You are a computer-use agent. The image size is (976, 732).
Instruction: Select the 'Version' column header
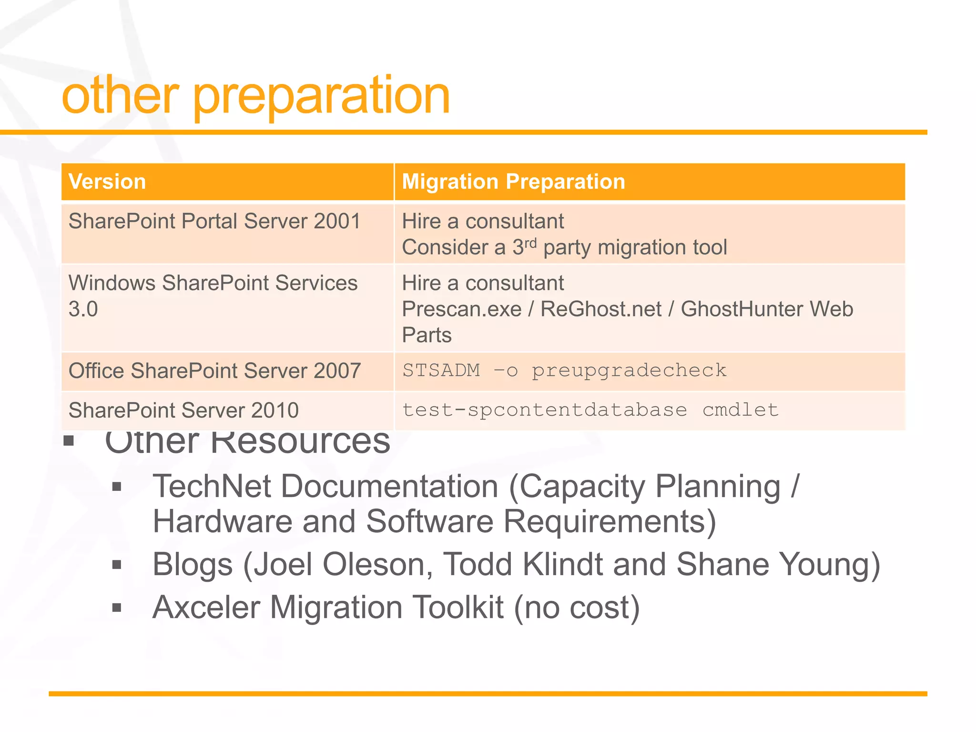pyautogui.click(x=107, y=182)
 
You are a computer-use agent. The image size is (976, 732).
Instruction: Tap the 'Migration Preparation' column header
pyautogui.click(x=513, y=182)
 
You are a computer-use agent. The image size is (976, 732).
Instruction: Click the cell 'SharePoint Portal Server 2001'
pyautogui.click(x=214, y=222)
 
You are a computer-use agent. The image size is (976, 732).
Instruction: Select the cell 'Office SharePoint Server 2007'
pyautogui.click(x=214, y=371)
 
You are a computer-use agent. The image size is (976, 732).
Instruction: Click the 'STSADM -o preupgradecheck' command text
pyautogui.click(x=564, y=371)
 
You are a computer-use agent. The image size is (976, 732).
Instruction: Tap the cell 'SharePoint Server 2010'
pyautogui.click(x=183, y=410)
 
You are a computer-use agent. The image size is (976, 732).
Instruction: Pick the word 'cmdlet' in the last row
pyautogui.click(x=740, y=410)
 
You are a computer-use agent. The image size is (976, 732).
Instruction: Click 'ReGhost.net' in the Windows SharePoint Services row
pyautogui.click(x=601, y=309)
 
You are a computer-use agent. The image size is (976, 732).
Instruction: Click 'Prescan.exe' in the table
pyautogui.click(x=462, y=309)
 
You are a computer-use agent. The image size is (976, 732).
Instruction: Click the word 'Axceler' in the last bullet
pyautogui.click(x=206, y=608)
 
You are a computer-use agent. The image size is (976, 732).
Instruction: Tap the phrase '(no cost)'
pyautogui.click(x=577, y=608)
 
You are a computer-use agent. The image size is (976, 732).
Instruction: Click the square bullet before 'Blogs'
pyautogui.click(x=117, y=565)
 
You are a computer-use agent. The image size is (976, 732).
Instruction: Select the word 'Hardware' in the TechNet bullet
pyautogui.click(x=222, y=522)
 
